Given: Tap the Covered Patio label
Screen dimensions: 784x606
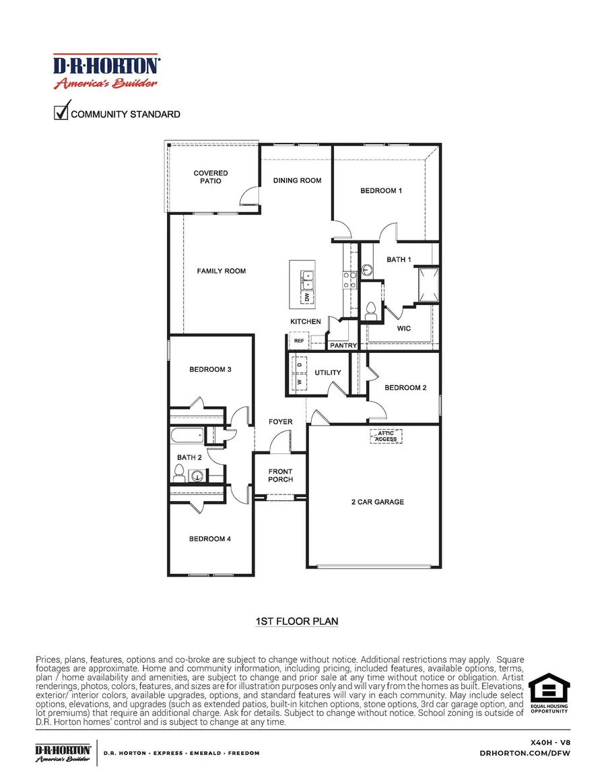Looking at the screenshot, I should point(211,177).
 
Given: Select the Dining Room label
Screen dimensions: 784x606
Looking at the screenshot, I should point(297,181).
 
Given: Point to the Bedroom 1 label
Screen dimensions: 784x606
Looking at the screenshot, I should point(381,191).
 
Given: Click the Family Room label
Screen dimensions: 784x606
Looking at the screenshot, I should point(222,271).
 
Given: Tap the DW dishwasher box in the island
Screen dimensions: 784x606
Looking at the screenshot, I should point(306,296).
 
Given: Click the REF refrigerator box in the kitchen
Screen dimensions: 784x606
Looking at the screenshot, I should point(300,341).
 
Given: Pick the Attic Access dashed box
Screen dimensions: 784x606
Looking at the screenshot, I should point(386,436).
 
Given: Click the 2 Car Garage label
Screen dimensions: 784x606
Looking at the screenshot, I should point(378,502).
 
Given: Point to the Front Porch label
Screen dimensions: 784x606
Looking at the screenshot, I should point(280,476).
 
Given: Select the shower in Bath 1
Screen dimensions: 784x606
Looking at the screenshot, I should point(428,284).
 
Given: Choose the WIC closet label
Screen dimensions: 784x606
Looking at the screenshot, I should point(403,329).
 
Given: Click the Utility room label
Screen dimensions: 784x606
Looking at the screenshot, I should point(328,372).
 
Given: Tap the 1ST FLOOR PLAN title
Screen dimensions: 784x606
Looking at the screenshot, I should point(297,622).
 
